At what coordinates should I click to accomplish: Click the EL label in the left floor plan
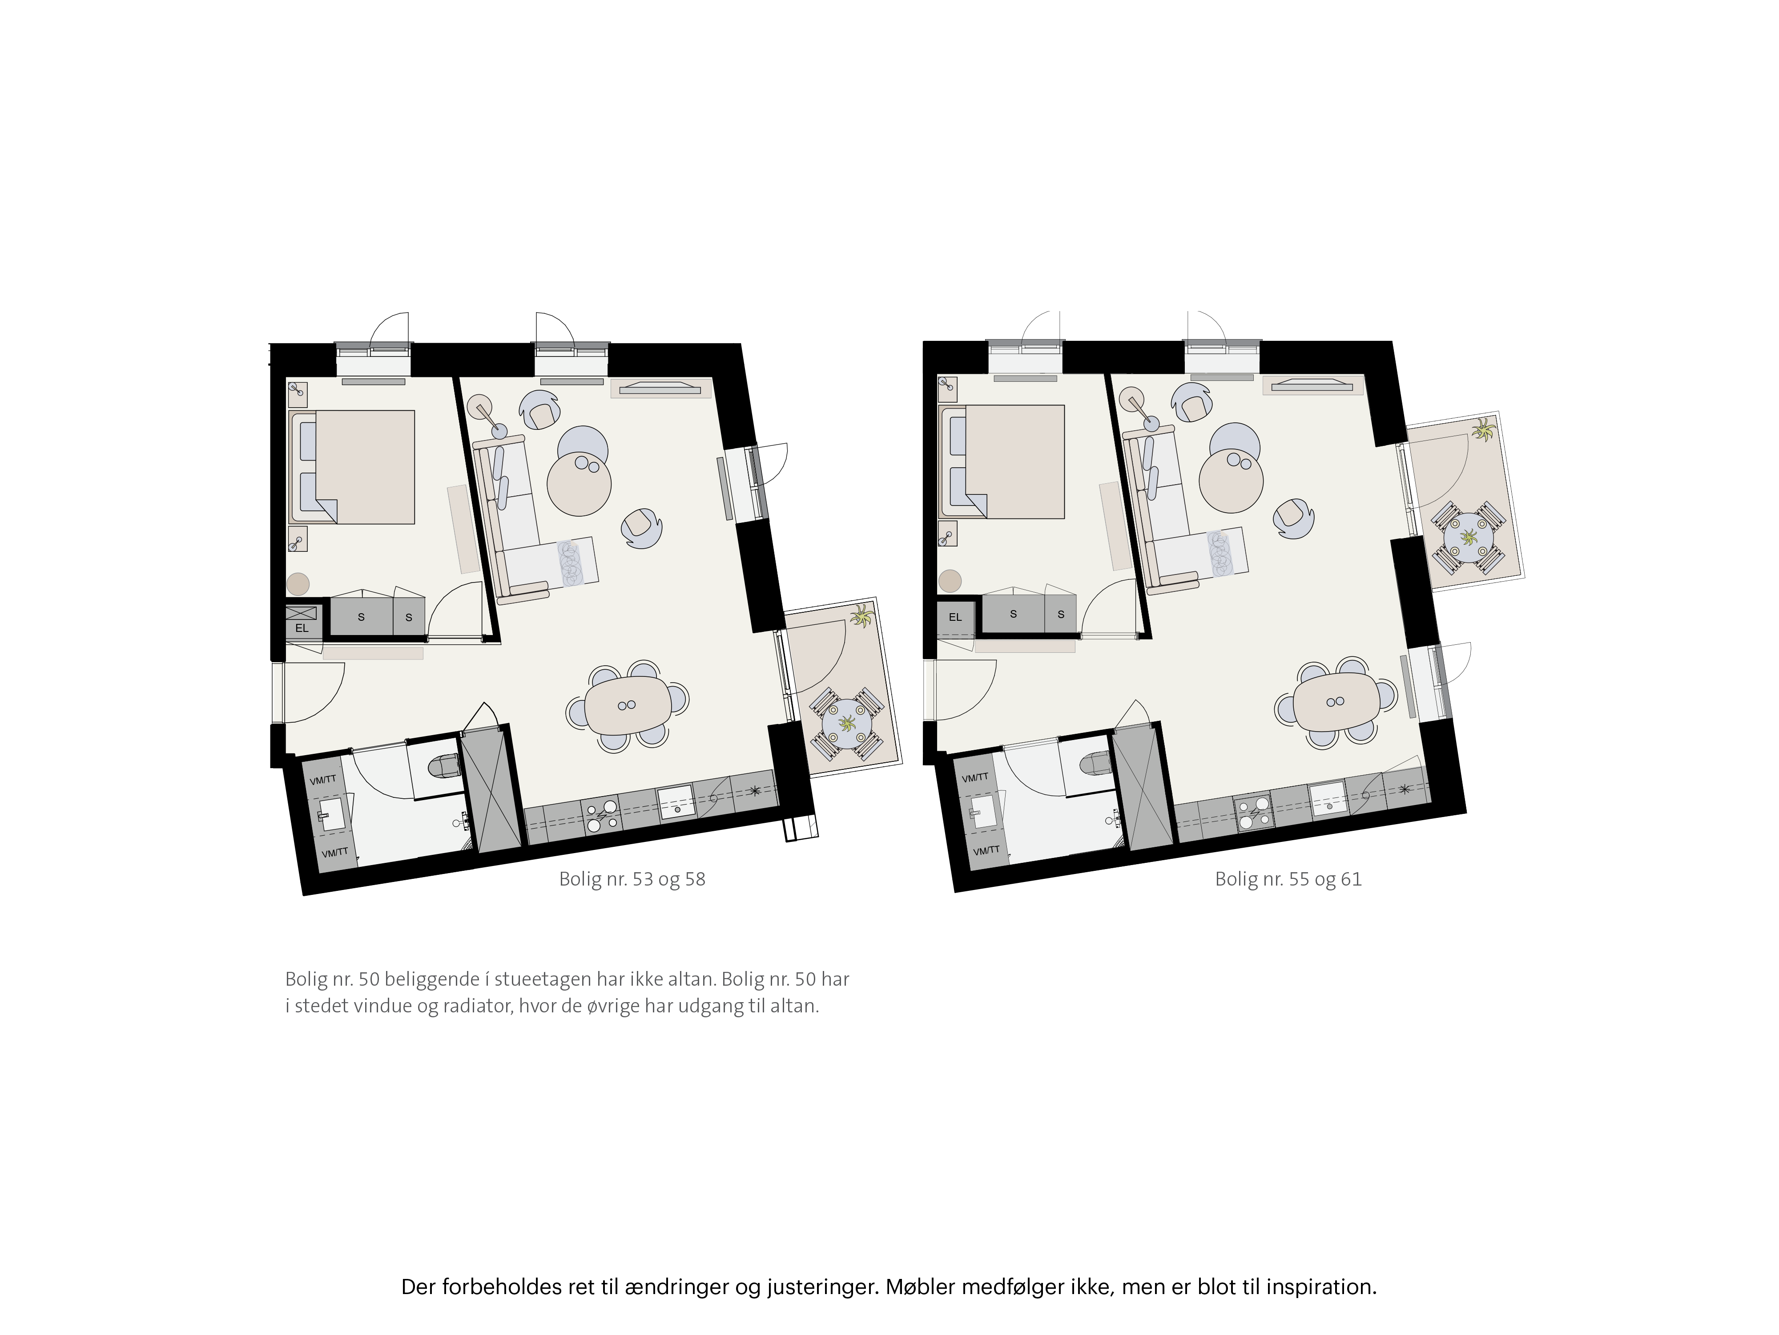[x=302, y=627]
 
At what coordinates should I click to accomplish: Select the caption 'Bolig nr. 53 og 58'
[x=632, y=879]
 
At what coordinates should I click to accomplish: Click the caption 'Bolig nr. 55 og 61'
[x=1288, y=879]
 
